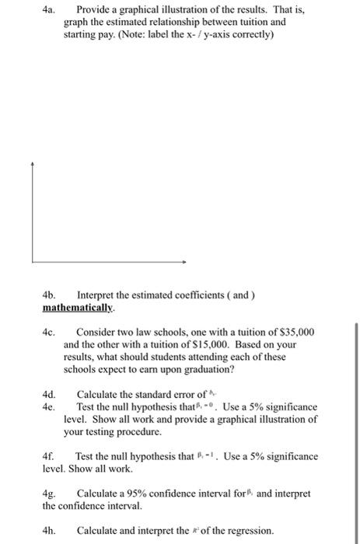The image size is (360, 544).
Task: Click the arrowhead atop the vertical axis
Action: [x=33, y=165]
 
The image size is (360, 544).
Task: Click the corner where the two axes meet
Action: [x=33, y=262]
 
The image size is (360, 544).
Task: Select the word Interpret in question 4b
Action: [x=96, y=296]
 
